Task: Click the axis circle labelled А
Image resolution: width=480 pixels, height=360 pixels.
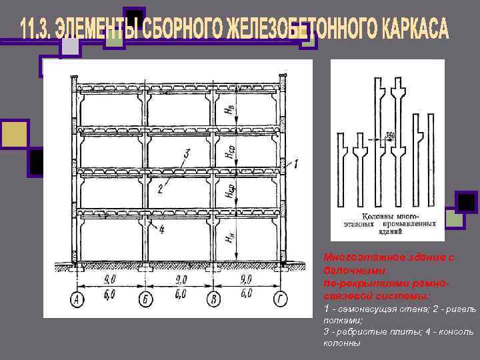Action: pos(78,301)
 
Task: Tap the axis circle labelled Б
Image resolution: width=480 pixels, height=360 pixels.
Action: pos(146,301)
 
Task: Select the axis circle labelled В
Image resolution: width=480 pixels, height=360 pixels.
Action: pos(214,301)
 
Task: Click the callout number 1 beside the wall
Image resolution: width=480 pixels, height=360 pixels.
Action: pos(296,162)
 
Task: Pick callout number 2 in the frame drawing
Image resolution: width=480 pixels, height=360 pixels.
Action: pos(161,189)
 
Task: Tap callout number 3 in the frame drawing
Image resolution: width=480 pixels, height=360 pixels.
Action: pos(187,154)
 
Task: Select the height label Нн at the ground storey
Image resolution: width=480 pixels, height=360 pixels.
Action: pos(230,236)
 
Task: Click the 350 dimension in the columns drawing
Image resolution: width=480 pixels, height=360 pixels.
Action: pos(389,136)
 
